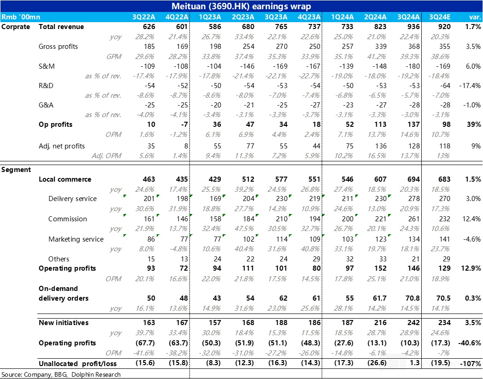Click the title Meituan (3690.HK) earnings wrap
click(241, 6)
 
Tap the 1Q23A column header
click(210, 17)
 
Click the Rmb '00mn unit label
click(21, 17)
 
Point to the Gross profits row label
click(58, 47)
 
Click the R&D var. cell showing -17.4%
click(470, 86)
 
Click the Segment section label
click(16, 170)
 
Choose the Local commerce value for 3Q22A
click(149, 179)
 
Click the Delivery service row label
click(72, 199)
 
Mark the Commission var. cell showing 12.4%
click(471, 219)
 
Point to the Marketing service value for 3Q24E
click(444, 239)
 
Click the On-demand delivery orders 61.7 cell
click(380, 298)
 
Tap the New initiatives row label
click(64, 323)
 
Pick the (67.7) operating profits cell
click(145, 343)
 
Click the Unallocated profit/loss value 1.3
click(415, 363)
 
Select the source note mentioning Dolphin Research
click(61, 375)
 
